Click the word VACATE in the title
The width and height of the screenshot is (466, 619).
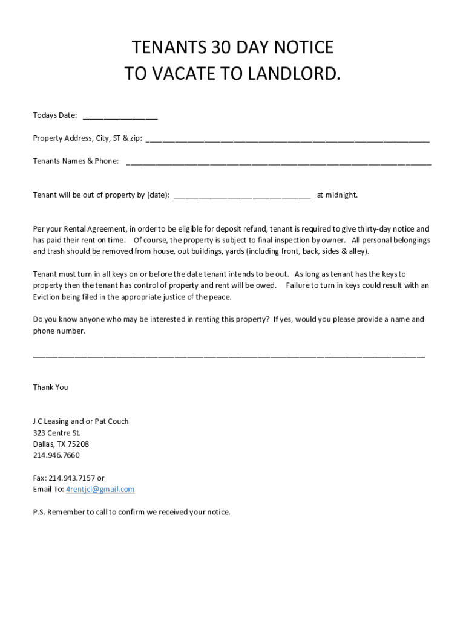pyautogui.click(x=188, y=74)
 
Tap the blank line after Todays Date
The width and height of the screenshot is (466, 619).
pyautogui.click(x=120, y=117)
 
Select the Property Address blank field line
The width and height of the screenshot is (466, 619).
pyautogui.click(x=287, y=140)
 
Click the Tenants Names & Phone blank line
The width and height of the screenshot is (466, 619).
pyautogui.click(x=278, y=163)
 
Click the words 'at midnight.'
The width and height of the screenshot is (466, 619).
pyautogui.click(x=337, y=195)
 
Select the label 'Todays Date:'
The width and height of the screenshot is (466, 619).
pyautogui.click(x=55, y=115)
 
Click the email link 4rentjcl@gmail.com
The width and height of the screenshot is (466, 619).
pyautogui.click(x=100, y=490)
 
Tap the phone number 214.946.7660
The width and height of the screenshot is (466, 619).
pyautogui.click(x=56, y=455)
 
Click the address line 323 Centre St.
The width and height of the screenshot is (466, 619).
pyautogui.click(x=57, y=433)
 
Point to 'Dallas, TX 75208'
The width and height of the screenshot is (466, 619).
pyautogui.click(x=61, y=444)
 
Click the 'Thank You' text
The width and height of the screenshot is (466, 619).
pyautogui.click(x=50, y=387)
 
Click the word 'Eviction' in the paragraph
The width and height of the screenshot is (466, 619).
pyautogui.click(x=48, y=297)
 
